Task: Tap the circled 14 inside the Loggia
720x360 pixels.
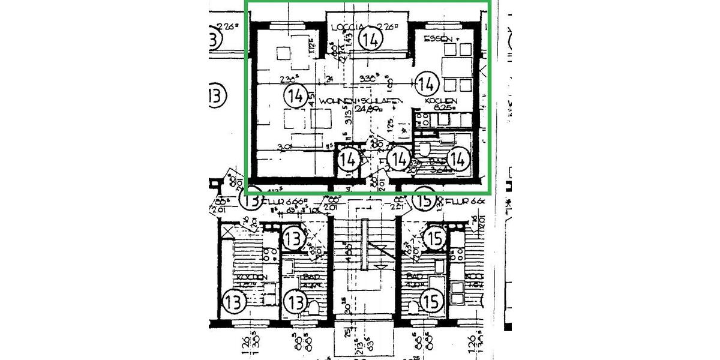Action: [x=371, y=40]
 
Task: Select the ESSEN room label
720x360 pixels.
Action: [x=437, y=39]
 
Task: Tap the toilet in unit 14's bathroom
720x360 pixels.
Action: [x=424, y=150]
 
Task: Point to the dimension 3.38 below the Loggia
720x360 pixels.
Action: [x=367, y=78]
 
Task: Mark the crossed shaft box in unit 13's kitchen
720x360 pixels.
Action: [x=229, y=230]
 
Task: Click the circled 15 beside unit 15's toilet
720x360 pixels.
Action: [x=430, y=298]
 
